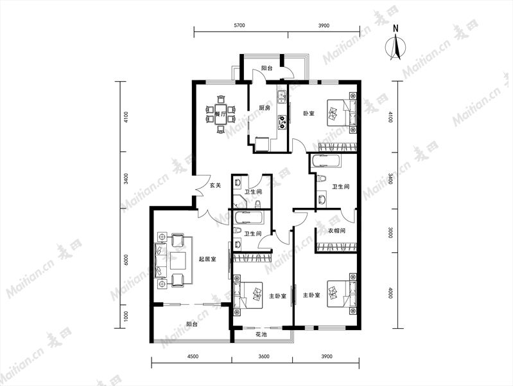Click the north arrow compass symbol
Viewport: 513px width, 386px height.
[396, 48]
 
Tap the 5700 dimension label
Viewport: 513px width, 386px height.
[240, 26]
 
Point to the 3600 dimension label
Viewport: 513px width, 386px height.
[263, 356]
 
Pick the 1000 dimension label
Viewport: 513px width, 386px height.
[126, 317]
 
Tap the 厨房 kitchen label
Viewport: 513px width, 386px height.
[265, 108]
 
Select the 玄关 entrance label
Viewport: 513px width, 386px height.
[215, 185]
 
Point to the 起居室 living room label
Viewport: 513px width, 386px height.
[207, 259]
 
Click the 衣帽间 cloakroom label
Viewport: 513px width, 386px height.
[336, 230]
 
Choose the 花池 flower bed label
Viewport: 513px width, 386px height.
[261, 335]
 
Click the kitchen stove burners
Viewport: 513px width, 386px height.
[282, 121]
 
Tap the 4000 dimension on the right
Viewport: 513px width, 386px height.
[390, 293]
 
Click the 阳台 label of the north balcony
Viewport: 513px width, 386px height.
[266, 68]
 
